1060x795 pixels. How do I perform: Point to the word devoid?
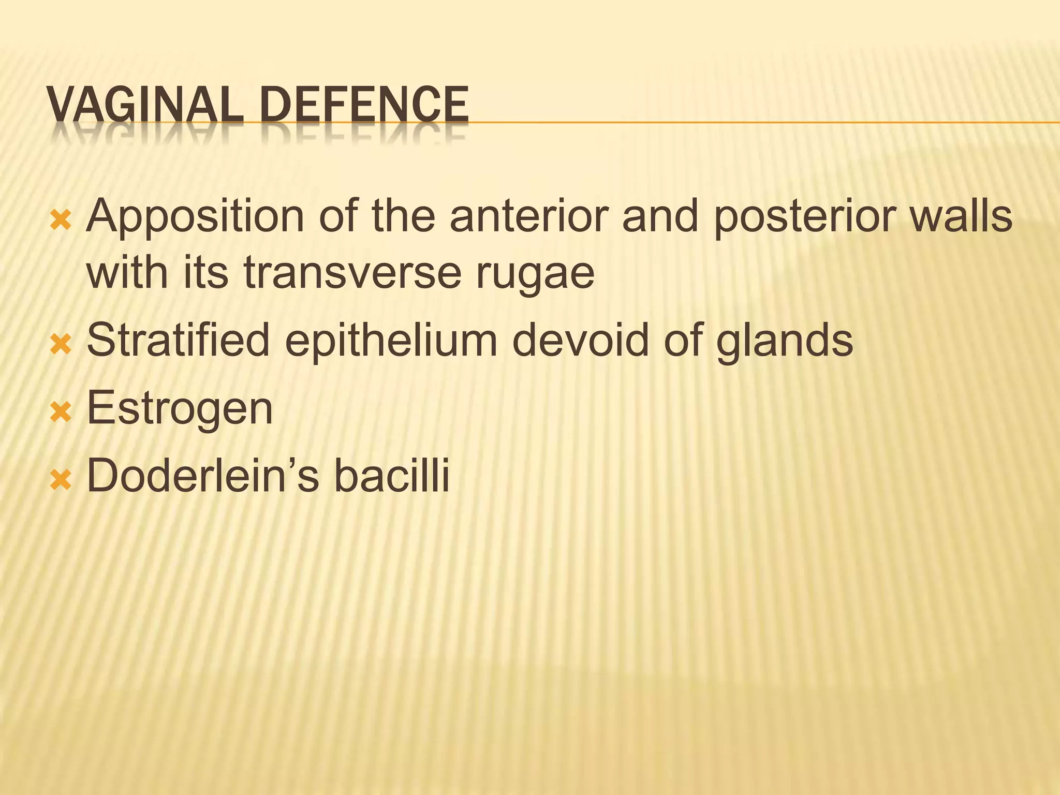[580, 340]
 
